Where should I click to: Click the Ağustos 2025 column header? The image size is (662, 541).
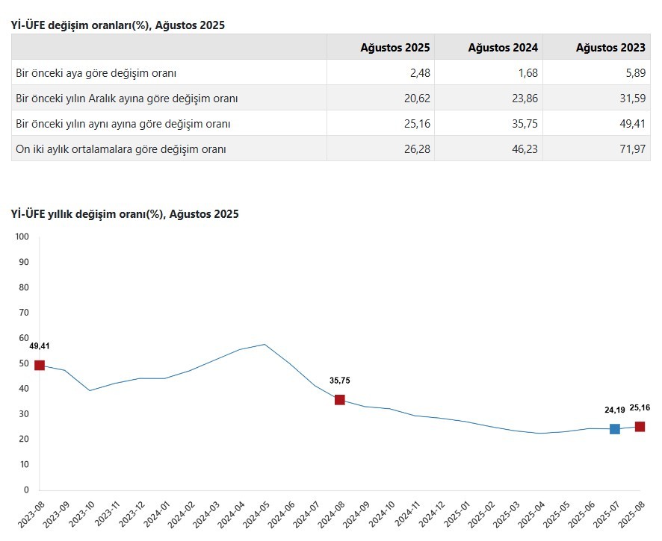395,48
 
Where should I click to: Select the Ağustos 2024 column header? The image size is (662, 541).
503,48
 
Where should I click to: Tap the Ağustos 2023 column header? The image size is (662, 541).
610,48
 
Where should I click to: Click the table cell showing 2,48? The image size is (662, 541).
418,73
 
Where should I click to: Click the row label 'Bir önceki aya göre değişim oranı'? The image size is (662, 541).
96,73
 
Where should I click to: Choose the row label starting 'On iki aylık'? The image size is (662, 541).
121,149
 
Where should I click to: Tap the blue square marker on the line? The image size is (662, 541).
615,429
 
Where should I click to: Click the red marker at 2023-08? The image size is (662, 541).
40,366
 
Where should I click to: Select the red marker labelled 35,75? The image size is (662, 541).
340,400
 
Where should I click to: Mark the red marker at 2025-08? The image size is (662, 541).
640,427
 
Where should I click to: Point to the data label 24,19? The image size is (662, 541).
615,410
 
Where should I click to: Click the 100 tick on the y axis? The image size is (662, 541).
21,237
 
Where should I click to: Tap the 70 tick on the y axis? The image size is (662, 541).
23,313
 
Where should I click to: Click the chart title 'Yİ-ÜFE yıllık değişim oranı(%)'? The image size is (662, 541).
125,214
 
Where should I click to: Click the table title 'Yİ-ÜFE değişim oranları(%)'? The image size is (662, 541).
117,25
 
